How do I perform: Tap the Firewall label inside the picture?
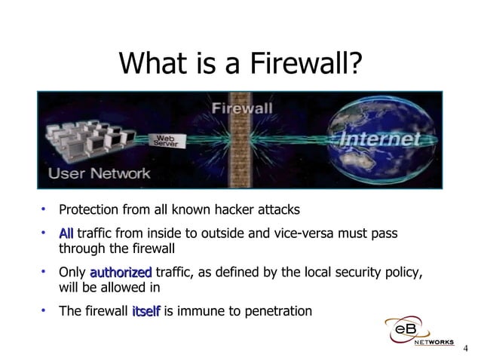tap(241, 107)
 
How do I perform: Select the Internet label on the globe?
tap(380, 139)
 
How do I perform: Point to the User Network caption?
tap(100, 173)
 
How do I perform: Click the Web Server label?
tap(166, 141)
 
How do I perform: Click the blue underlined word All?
tap(66, 233)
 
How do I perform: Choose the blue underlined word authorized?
tap(121, 272)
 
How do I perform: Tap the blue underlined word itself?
tap(146, 310)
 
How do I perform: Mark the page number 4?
tap(465, 348)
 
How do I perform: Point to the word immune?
tap(200, 310)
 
